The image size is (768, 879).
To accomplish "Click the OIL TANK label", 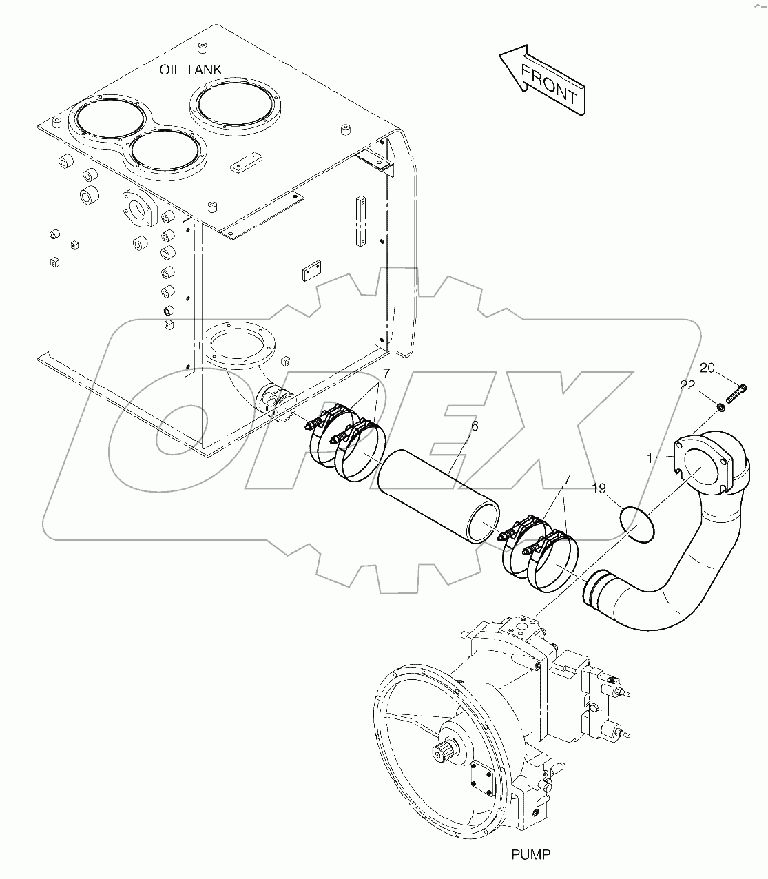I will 191,70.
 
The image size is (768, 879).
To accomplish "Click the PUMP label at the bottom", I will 530,855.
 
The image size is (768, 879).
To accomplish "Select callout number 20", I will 707,368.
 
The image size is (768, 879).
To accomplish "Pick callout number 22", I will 687,386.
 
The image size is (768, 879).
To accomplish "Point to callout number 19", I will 599,488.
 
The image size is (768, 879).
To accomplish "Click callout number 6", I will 474,426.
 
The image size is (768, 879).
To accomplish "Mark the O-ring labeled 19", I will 637,522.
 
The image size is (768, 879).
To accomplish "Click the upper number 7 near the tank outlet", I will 386,374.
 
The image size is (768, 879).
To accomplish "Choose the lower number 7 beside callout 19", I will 566,478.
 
